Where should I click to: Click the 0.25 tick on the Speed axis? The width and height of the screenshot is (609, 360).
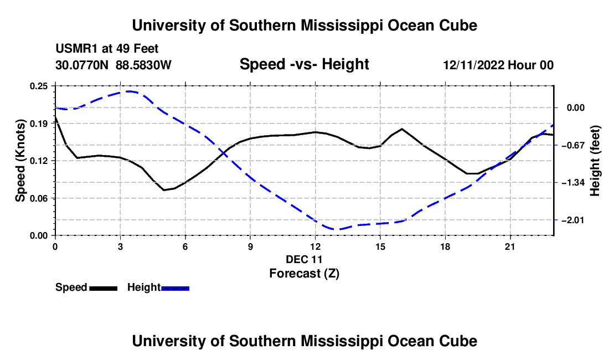pos(39,86)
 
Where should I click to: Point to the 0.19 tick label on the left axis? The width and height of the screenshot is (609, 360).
pos(39,124)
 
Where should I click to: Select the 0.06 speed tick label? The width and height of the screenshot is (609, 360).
pos(39,198)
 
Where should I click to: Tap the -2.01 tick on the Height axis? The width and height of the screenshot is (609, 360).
pos(573,220)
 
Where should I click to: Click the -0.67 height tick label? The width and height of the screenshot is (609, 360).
pos(573,145)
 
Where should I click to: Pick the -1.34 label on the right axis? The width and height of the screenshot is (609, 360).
pos(573,183)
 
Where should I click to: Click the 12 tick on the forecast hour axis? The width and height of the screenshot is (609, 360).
pos(316,246)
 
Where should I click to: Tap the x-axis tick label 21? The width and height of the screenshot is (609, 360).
pos(510,246)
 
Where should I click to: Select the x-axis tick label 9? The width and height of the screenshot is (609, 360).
pos(250,246)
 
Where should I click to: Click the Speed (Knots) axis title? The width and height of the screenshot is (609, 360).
pos(20,161)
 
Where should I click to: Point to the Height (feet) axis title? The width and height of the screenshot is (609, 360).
pos(595,161)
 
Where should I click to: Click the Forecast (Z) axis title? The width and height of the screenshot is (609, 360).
pos(304,274)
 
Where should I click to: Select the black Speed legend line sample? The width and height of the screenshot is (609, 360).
pos(104,288)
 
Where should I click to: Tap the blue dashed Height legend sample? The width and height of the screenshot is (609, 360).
pos(175,288)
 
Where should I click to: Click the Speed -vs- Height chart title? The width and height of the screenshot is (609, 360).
pos(304,64)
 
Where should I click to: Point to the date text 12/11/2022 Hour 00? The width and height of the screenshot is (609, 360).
pos(498,65)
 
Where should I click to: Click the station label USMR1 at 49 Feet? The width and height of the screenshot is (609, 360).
pos(107,49)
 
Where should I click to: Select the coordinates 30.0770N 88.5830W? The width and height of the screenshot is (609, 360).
pos(113,65)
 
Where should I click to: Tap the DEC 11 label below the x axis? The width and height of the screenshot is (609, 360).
pos(304,259)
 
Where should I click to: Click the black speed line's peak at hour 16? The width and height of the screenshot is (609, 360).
pos(401,128)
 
